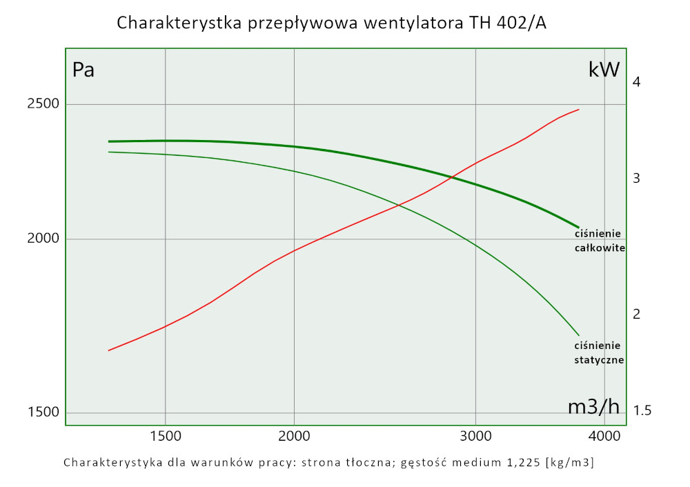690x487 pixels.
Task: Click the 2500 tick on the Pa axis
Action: pos(43,103)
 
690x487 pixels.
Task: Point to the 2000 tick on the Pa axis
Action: pos(43,239)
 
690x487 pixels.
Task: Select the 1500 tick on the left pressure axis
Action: pos(43,413)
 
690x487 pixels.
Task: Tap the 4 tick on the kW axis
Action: pos(636,82)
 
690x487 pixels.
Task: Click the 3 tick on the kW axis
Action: pos(636,178)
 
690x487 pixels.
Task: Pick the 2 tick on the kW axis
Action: pos(636,314)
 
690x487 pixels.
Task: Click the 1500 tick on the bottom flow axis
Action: pos(165,436)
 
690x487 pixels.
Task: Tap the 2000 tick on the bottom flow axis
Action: pos(294,436)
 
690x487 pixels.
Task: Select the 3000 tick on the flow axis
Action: pos(476,436)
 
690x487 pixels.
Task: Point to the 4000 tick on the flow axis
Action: pos(604,436)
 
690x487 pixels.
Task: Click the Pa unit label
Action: pos(83,70)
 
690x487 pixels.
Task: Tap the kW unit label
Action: pos(604,70)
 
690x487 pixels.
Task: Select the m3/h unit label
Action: pos(593,406)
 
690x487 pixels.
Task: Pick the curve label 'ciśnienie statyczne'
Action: pos(599,352)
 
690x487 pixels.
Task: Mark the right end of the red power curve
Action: pos(578,109)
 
